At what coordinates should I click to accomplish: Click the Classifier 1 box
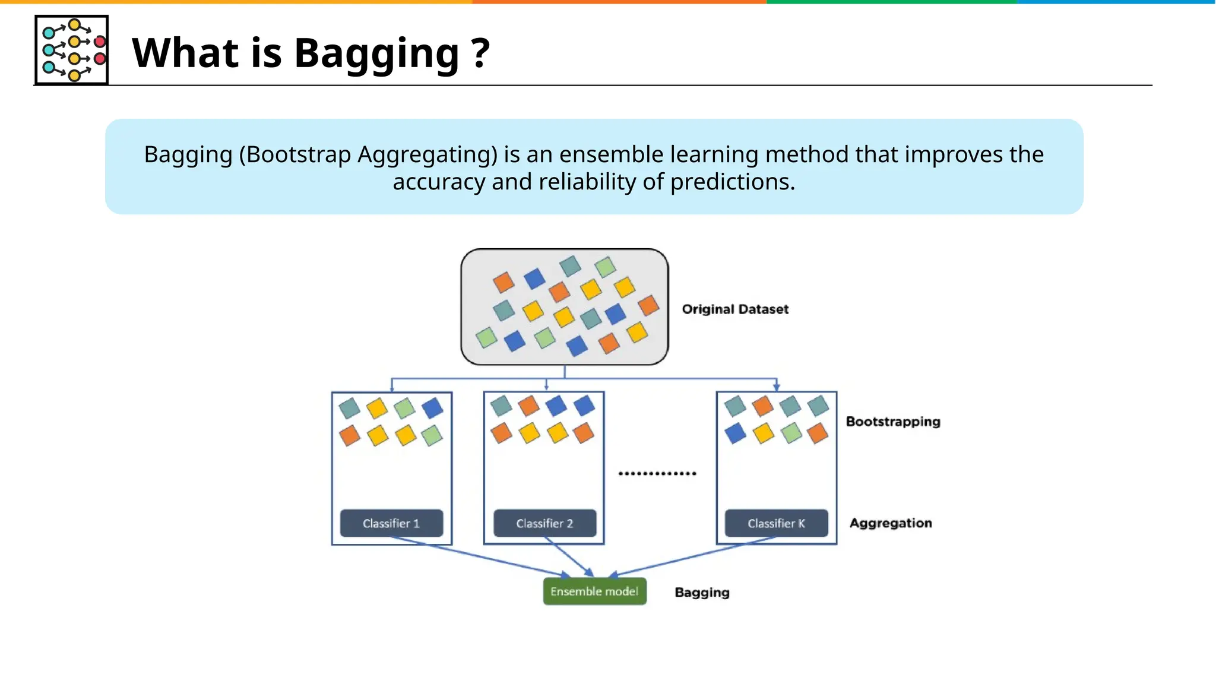coord(391,523)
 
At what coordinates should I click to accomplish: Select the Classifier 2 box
coord(544,523)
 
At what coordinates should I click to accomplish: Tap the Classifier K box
coord(776,523)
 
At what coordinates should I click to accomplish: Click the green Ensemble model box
coord(594,591)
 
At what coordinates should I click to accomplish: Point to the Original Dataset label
coord(735,309)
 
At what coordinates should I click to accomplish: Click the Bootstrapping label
coord(893,422)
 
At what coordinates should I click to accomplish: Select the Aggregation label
coord(891,523)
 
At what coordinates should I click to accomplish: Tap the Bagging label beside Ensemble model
coord(702,593)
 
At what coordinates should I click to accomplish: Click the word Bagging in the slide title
coord(376,53)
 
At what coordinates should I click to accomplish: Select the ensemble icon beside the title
coord(71,50)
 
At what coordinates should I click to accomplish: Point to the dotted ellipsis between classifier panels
coord(657,473)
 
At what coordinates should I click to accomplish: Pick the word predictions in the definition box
coord(732,182)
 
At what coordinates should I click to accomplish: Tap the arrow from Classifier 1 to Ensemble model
coord(481,557)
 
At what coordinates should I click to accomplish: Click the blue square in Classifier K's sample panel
coord(735,433)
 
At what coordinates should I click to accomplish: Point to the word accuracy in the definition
coord(439,182)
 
